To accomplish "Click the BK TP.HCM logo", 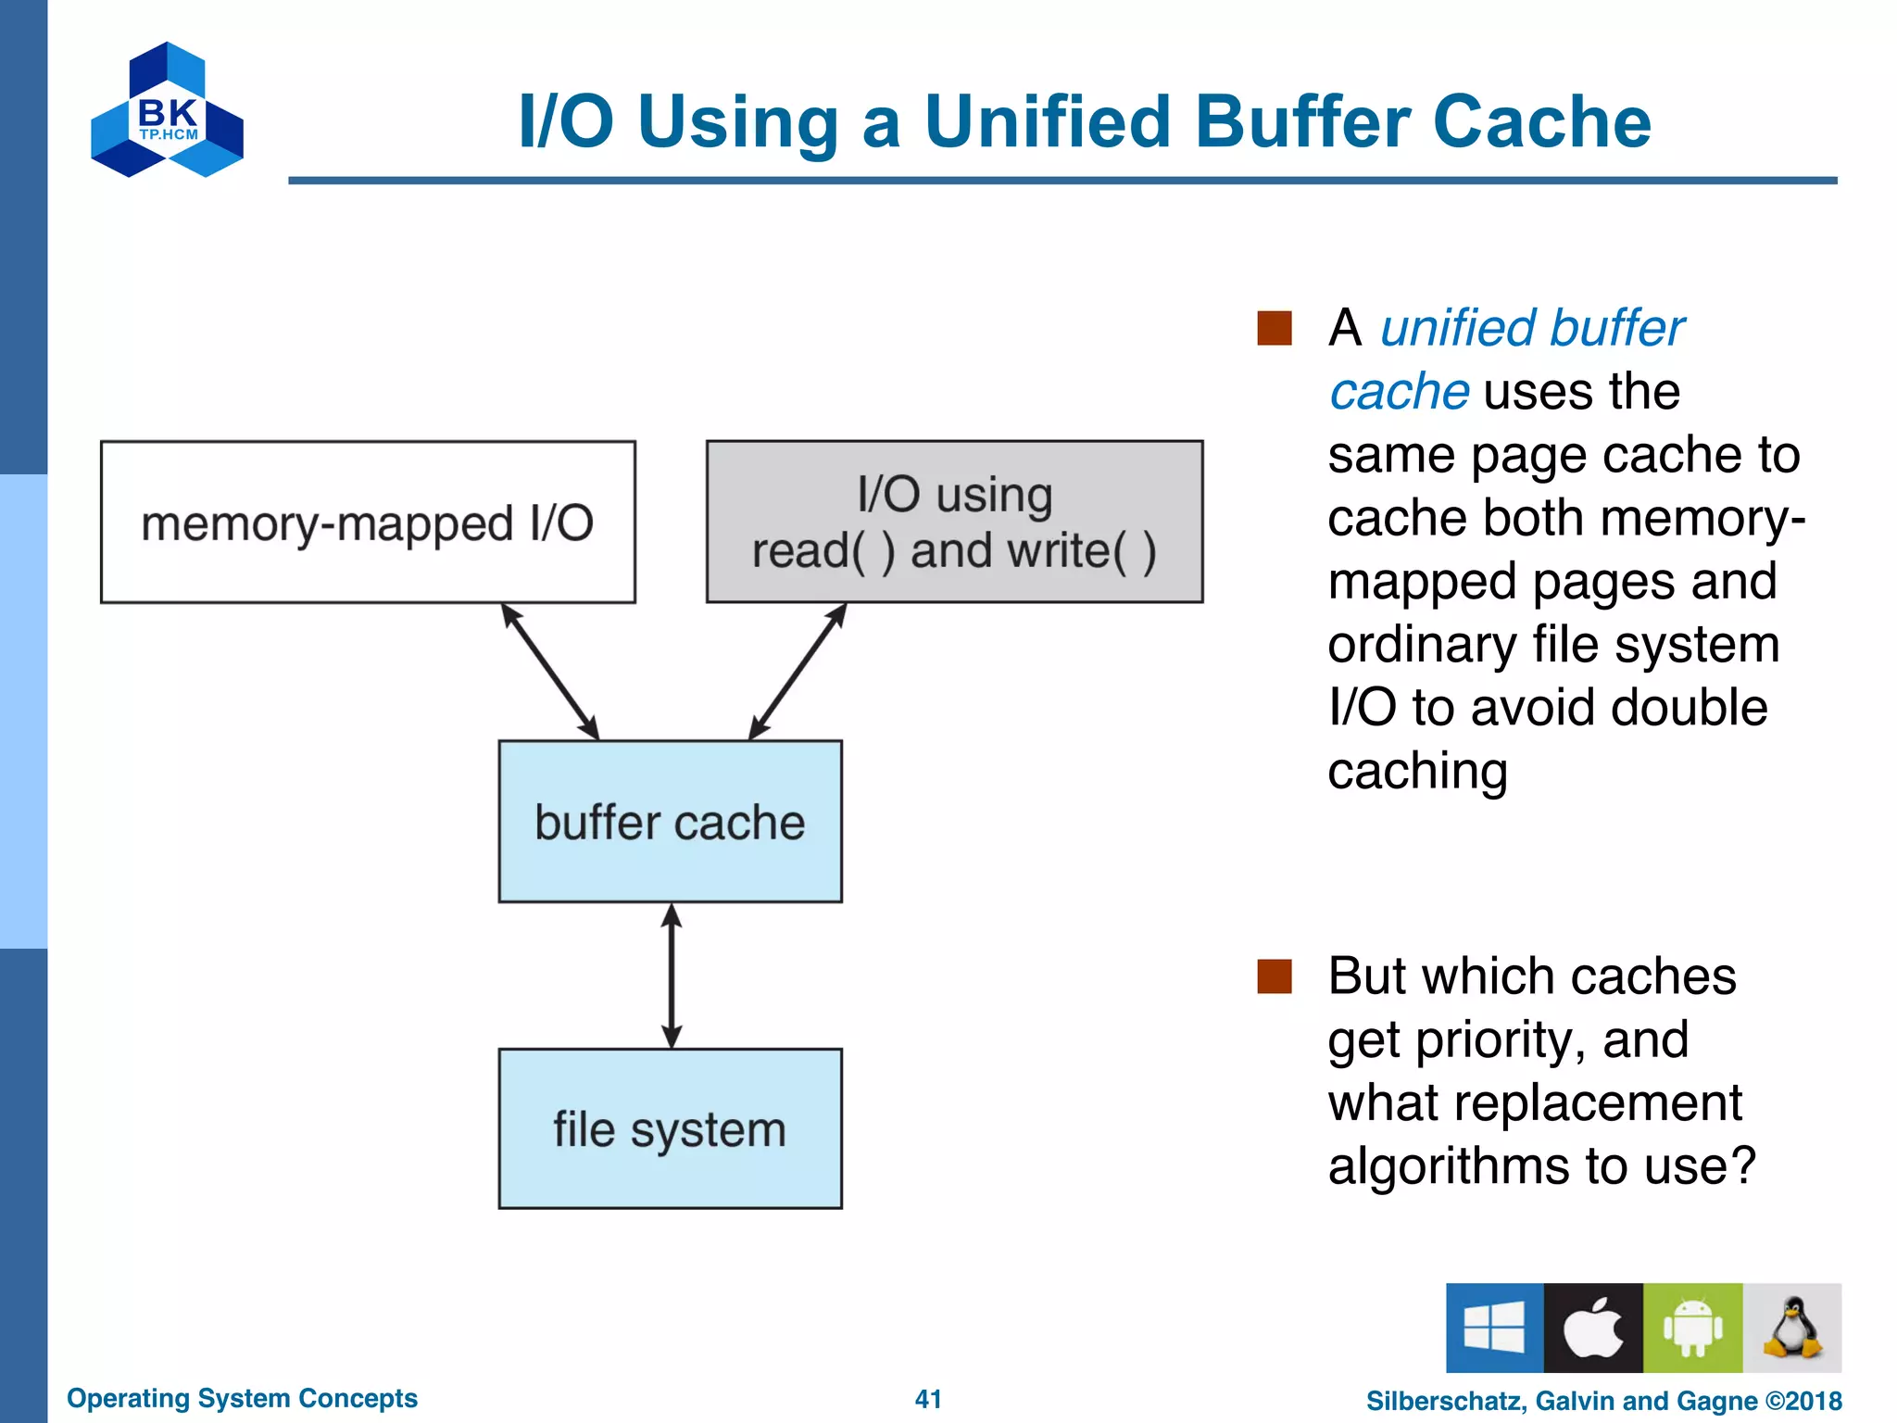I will [167, 111].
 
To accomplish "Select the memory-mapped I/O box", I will [368, 523].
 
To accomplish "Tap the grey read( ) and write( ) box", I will [954, 523].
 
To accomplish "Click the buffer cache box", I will [670, 822].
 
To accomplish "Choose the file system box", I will [670, 1129].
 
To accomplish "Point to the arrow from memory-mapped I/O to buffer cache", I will [550, 672].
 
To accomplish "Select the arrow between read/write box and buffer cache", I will [798, 672].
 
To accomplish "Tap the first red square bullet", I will [1275, 328].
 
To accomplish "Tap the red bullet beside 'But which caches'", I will [1275, 976].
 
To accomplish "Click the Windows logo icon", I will [1494, 1328].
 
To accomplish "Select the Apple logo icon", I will [1593, 1328].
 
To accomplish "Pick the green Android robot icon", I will [1692, 1328].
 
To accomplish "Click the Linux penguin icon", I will [1792, 1328].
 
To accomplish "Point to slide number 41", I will [928, 1399].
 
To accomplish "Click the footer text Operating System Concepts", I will [242, 1398].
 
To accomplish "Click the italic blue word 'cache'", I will [1399, 392].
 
